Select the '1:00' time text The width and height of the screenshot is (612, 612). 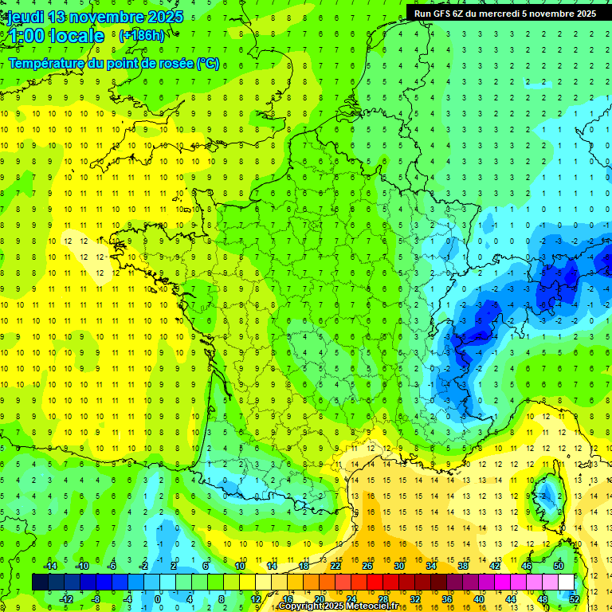click(x=27, y=36)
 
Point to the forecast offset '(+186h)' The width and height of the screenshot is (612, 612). click(x=141, y=36)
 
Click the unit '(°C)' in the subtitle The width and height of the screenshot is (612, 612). click(x=207, y=64)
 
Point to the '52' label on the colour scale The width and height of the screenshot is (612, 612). click(x=575, y=599)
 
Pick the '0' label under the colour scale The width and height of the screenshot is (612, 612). click(x=158, y=599)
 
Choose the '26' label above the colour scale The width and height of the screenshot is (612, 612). click(x=367, y=566)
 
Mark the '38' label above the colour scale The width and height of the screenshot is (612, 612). click(x=463, y=566)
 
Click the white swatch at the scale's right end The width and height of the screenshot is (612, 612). click(x=567, y=583)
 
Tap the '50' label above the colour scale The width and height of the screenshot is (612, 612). click(x=559, y=566)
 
